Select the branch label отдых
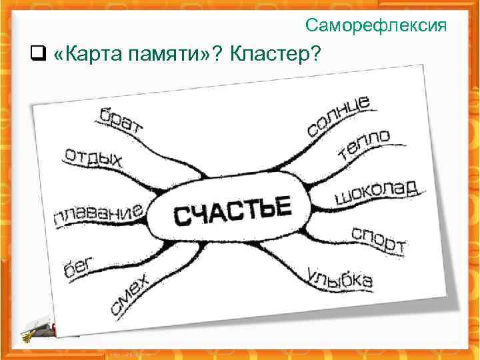click(x=93, y=158)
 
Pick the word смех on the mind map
click(x=131, y=293)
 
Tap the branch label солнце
click(x=339, y=116)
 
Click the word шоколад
click(x=375, y=192)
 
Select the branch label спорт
click(x=378, y=241)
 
